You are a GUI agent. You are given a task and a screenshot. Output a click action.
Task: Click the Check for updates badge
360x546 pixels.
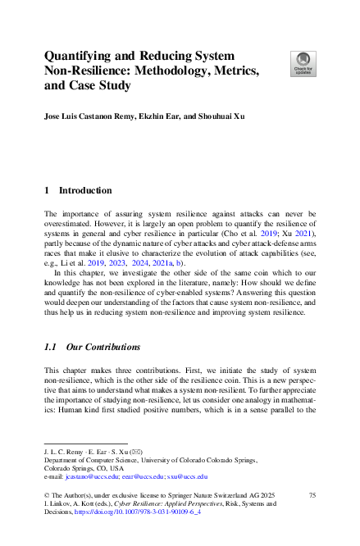303,62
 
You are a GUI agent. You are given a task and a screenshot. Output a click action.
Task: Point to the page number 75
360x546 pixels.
312,496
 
